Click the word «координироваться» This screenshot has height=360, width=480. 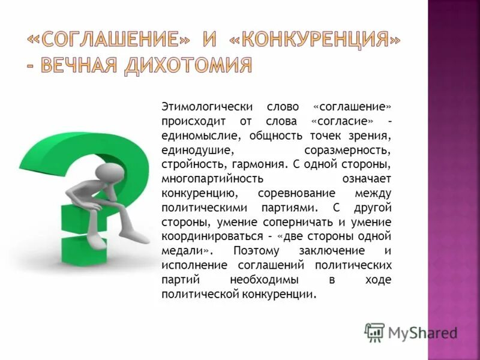point(212,236)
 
